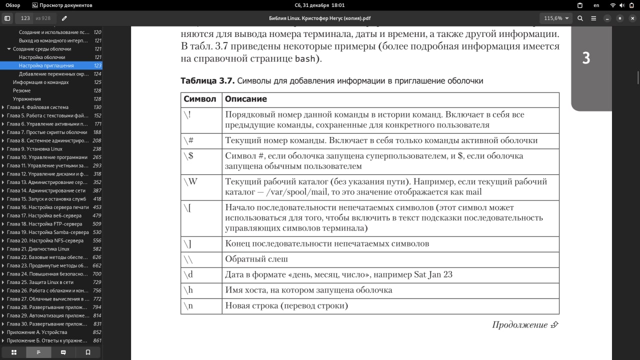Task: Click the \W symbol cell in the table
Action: tap(190, 182)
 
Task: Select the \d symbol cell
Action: tap(188, 274)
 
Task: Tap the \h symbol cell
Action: tap(188, 290)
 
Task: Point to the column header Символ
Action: tap(200, 99)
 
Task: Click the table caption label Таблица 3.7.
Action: tap(207, 80)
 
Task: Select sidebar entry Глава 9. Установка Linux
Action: tap(34, 149)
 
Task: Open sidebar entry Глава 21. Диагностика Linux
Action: tap(38, 249)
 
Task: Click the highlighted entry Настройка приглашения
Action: tap(46, 65)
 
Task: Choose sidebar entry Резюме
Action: tap(21, 90)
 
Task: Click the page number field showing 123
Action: tap(25, 18)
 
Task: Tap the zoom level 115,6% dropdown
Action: tap(556, 18)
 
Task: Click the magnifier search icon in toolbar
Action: tap(580, 18)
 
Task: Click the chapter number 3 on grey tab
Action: tap(586, 58)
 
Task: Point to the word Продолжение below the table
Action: tap(519, 325)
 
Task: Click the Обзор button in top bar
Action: tap(12, 5)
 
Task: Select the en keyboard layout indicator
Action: tap(596, 5)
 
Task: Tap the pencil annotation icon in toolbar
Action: tap(64, 18)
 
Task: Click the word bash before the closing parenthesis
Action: tap(305, 58)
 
